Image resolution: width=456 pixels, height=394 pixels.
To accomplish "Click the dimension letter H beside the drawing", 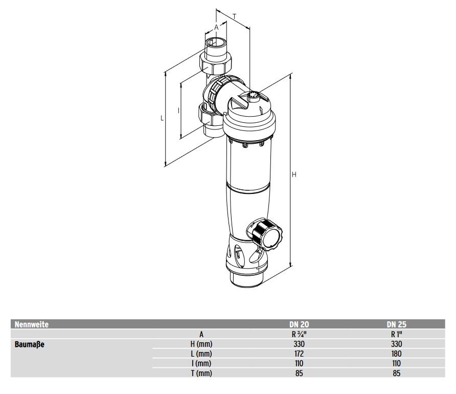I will pos(294,175).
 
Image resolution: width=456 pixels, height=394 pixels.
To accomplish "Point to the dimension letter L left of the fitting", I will pos(162,118).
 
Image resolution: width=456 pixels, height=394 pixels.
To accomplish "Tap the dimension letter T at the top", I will pos(234,16).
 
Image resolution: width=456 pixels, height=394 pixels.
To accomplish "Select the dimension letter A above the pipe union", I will pos(216,27).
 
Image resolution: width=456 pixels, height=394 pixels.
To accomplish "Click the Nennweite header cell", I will pos(32,324).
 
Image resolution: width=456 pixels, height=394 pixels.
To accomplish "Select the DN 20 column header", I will pos(299,324).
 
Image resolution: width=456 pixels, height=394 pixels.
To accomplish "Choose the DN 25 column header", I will pos(396,324).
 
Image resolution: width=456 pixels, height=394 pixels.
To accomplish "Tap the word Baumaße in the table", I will pos(30,344).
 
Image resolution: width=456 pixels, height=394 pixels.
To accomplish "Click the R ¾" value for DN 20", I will pos(299,334).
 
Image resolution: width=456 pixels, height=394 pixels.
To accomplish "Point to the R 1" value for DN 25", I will pos(396,334).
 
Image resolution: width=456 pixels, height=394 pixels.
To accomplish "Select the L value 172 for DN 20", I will pos(299,354).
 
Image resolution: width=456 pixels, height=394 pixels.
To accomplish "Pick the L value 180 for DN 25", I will pos(396,354).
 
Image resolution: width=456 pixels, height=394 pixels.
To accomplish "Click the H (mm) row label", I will pos(201,344).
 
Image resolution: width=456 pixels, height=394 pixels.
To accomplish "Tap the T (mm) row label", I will pos(201,373).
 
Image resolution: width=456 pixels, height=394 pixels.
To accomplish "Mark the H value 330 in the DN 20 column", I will pos(299,344).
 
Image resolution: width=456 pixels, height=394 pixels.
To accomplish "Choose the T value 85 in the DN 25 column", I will pos(396,373).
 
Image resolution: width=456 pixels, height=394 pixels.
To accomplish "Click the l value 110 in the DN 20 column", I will pos(299,363).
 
